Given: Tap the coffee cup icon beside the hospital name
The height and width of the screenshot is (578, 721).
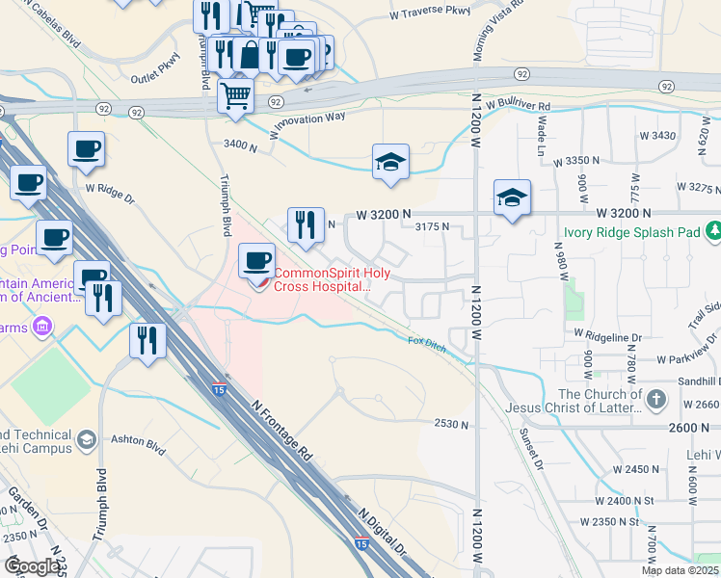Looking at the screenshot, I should point(257,261).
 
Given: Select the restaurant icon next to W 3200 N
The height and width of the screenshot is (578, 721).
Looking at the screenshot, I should point(307,226).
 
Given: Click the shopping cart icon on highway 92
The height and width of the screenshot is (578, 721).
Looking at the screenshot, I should point(235,96).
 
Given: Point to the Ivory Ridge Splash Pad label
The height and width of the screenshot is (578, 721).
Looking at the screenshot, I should point(631,231).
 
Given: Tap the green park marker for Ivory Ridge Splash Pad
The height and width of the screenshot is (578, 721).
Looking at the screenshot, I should point(713,231).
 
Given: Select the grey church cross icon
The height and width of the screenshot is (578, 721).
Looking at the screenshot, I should point(654,399).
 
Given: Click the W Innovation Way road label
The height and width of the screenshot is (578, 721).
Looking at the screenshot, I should point(307,124).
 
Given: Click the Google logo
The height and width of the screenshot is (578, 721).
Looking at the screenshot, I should point(33,566).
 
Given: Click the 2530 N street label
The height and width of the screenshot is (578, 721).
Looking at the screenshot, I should point(451,424).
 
